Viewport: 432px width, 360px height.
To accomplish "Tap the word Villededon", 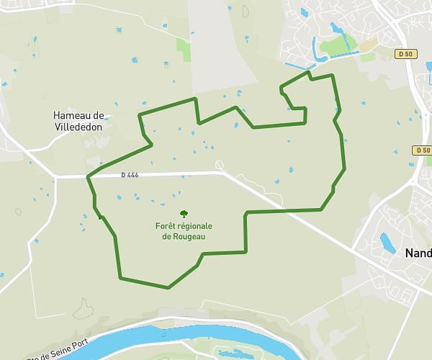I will (x=78, y=126).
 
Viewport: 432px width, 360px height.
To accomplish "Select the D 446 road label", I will (x=130, y=175).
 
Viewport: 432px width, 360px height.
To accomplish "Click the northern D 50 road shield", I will (x=407, y=53).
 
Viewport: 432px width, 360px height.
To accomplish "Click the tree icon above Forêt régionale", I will (x=184, y=214).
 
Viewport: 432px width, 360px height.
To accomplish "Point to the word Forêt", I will (x=166, y=226).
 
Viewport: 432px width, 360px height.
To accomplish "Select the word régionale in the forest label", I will (x=195, y=226).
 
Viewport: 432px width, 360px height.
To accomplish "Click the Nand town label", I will (x=418, y=253).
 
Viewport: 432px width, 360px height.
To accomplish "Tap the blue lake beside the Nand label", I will (x=388, y=243).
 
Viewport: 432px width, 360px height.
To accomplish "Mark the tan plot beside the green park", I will (x=368, y=45).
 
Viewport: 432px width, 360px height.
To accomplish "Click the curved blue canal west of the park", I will (x=315, y=48).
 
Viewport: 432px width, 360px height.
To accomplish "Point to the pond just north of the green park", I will (x=335, y=29).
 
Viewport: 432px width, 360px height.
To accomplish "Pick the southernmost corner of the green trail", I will (x=168, y=287).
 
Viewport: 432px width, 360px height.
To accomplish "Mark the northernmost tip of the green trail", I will (x=308, y=72).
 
